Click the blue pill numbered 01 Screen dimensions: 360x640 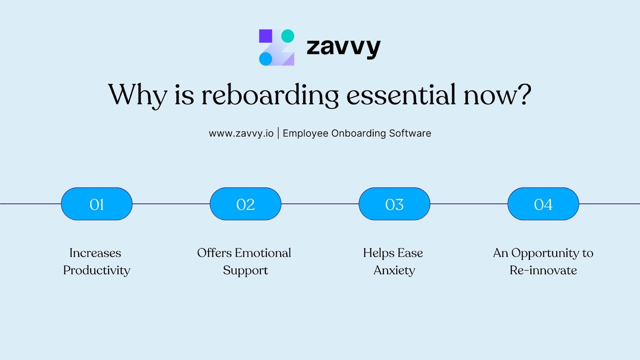click(x=97, y=204)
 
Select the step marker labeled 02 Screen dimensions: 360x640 click(x=246, y=204)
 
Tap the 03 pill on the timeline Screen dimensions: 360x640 click(x=394, y=204)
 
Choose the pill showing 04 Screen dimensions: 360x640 click(x=543, y=204)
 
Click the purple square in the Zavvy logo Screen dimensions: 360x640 click(x=266, y=36)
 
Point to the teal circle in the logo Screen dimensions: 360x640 click(x=288, y=36)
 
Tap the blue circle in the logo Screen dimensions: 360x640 click(x=266, y=59)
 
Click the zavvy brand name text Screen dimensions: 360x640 click(x=343, y=47)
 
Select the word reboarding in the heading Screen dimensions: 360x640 click(x=270, y=95)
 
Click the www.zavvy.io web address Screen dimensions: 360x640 click(x=241, y=133)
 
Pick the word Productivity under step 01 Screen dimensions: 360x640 click(x=97, y=270)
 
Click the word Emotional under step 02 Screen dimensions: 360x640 click(x=263, y=253)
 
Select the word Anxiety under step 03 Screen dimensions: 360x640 click(x=394, y=270)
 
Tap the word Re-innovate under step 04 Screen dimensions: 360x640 click(x=543, y=270)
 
